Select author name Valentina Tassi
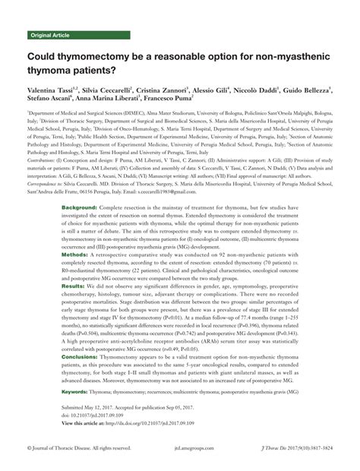[x=54, y=89]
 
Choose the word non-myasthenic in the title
[x=271, y=56]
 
